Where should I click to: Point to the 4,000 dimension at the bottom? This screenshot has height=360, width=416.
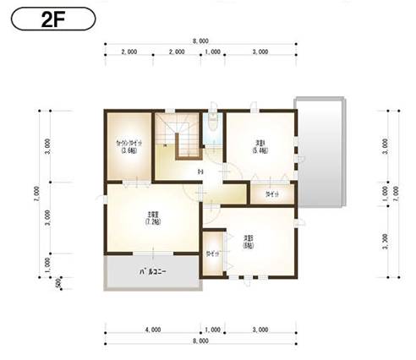point(152,329)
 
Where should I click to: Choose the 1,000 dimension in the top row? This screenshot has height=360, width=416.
point(213,52)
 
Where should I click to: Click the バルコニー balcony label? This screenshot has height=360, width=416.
point(152,272)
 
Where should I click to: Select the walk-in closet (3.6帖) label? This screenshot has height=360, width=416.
point(129,147)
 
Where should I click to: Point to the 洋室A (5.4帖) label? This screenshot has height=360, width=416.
point(260,145)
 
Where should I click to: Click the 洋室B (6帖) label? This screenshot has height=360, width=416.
point(249,241)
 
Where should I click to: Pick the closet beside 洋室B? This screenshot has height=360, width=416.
point(213,254)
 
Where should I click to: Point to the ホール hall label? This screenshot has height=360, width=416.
point(200,173)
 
